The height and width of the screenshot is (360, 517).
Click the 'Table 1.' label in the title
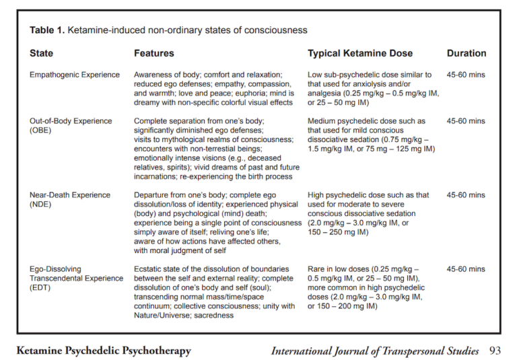coord(47,30)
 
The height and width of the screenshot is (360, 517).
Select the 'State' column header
coord(42,53)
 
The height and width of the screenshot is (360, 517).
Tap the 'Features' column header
coord(154,53)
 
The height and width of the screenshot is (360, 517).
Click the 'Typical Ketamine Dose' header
coord(360,53)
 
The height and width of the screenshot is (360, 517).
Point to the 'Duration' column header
coord(466,53)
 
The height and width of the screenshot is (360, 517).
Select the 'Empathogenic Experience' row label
coord(75,75)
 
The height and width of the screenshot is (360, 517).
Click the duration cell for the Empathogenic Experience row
coord(466,75)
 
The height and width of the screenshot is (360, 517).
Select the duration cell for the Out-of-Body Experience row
coord(466,121)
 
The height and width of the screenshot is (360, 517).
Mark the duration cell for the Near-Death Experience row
coord(466,195)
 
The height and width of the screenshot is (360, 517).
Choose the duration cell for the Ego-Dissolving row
coord(466,269)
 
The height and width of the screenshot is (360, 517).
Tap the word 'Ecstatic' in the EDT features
coord(149,269)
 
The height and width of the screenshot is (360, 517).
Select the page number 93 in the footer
coord(495,351)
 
